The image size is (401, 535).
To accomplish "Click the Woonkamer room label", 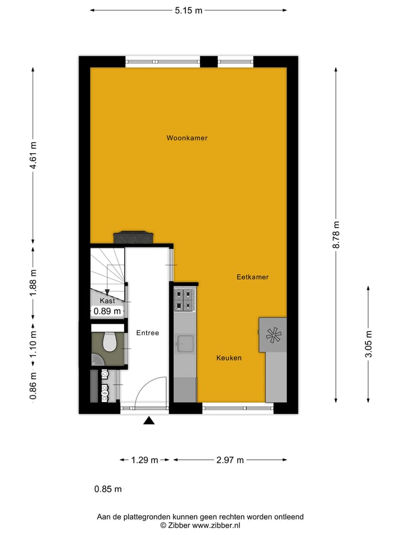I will (x=187, y=138).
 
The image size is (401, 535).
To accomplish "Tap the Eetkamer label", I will (x=252, y=276).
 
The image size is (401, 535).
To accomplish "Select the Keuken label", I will (x=229, y=358).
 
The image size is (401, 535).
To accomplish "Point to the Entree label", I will (x=148, y=333).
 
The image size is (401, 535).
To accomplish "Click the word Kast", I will (x=107, y=300).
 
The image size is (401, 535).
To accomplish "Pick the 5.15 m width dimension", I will (x=187, y=10).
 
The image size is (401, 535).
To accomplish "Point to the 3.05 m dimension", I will (x=368, y=344).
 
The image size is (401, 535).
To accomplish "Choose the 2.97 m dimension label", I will (x=230, y=460).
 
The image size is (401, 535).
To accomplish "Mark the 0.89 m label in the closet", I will (x=107, y=312).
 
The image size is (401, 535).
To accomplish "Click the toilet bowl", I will (x=109, y=342).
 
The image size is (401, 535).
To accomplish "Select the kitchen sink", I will (x=185, y=344).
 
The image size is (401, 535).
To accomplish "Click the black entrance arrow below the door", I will (x=148, y=421).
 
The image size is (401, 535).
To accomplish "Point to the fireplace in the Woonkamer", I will (x=132, y=237).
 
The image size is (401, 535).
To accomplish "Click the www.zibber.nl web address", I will (x=216, y=525).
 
